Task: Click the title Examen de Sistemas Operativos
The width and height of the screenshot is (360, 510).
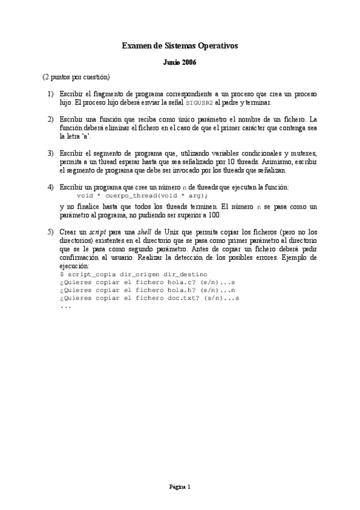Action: [x=180, y=45]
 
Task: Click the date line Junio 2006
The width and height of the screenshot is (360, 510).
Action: [x=180, y=63]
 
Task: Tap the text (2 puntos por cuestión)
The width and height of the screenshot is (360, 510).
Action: [x=76, y=78]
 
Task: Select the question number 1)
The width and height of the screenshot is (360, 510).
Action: [x=50, y=94]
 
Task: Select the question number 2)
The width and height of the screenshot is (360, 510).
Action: [x=50, y=120]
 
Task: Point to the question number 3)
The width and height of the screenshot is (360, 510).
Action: [x=50, y=154]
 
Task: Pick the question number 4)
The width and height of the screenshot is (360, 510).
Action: [x=50, y=188]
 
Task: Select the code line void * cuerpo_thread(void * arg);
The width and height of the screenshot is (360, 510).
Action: [x=143, y=196]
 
